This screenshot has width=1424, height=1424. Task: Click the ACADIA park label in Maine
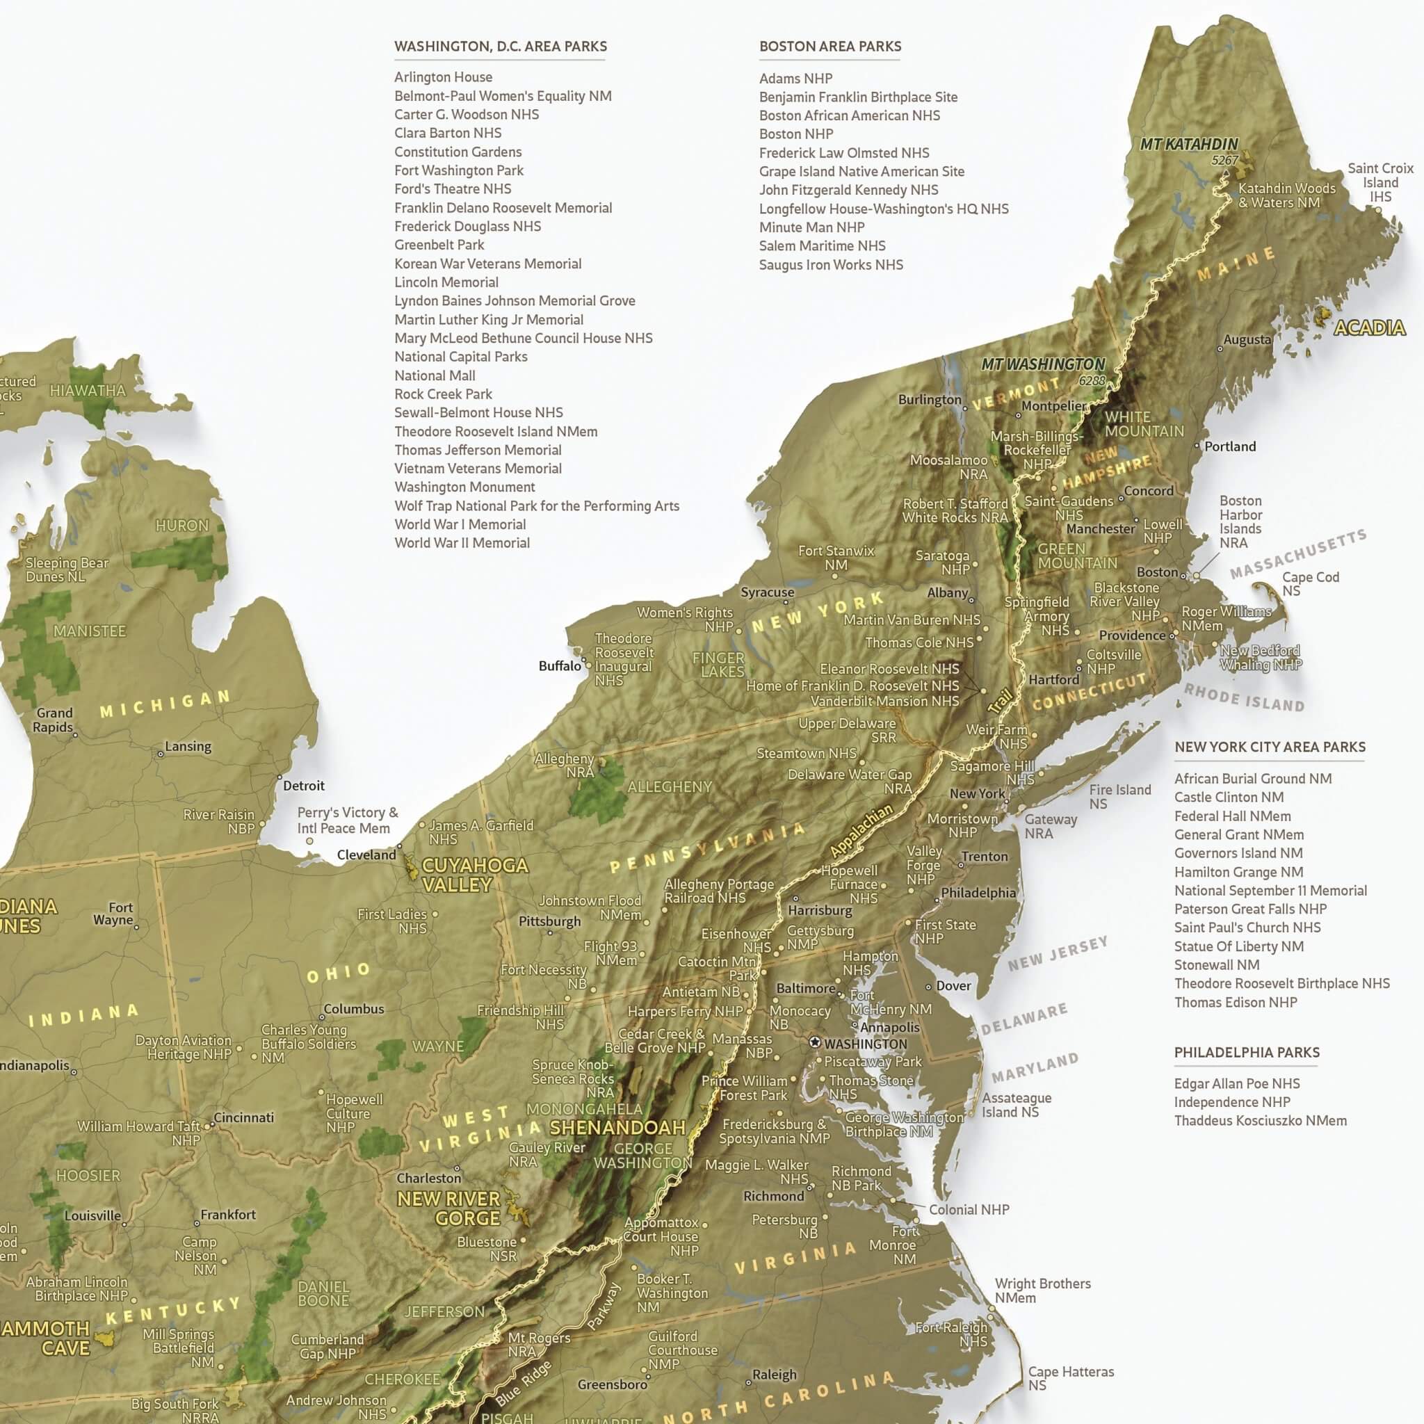[x=1370, y=328]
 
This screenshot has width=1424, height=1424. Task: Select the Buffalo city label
[x=560, y=665]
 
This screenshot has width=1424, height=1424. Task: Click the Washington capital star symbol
[x=814, y=1043]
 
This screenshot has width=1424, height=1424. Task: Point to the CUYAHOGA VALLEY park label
[x=474, y=875]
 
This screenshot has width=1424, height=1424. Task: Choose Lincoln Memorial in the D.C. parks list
[x=446, y=282]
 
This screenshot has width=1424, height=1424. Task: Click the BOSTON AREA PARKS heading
[x=830, y=47]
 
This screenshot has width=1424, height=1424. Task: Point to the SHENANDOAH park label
[x=617, y=1127]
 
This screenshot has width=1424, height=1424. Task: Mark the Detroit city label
[x=304, y=786]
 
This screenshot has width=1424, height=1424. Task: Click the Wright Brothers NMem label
[x=1042, y=1290]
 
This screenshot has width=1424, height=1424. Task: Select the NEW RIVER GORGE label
[x=449, y=1208]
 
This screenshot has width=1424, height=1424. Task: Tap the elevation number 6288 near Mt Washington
[x=1092, y=380]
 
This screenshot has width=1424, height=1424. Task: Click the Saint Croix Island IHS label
[x=1379, y=182]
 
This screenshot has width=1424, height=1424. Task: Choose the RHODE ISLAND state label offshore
[x=1243, y=697]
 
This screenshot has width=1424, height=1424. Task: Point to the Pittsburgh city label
[x=549, y=921]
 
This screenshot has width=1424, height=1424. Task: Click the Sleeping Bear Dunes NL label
[x=66, y=569]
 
